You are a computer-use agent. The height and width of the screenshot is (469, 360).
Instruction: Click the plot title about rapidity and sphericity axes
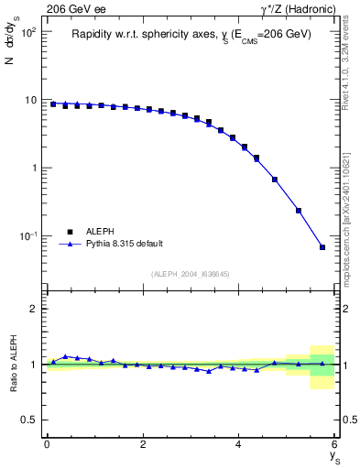pyautogui.click(x=191, y=34)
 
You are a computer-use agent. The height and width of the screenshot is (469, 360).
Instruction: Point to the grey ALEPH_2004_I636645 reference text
pyautogui.click(x=191, y=274)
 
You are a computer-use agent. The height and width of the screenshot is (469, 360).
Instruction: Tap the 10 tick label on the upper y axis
pyautogui.click(x=29, y=100)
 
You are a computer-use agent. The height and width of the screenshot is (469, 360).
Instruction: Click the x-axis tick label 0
pyautogui.click(x=47, y=444)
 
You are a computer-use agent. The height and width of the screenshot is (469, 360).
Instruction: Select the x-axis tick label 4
pyautogui.click(x=239, y=444)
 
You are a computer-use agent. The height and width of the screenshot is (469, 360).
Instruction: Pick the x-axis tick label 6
pyautogui.click(x=334, y=444)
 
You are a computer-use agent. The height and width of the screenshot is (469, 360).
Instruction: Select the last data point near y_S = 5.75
pyautogui.click(x=322, y=247)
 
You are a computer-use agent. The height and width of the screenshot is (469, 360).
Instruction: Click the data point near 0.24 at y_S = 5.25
pyautogui.click(x=299, y=210)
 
